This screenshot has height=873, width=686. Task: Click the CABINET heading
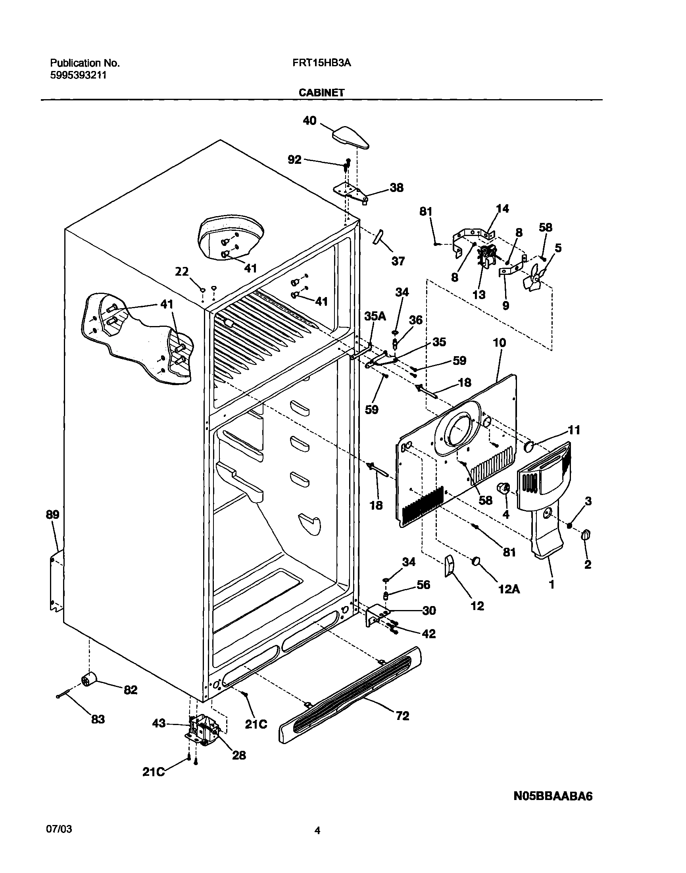tap(321, 93)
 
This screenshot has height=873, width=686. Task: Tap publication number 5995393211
tap(78, 75)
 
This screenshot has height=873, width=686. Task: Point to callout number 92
tap(294, 160)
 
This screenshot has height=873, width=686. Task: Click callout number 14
tap(502, 208)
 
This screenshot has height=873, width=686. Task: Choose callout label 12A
tap(509, 589)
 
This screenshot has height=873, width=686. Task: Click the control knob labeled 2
tap(586, 535)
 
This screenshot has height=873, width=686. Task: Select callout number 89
tap(53, 514)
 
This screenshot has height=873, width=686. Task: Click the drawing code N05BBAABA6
tap(553, 796)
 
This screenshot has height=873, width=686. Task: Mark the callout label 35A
tap(375, 316)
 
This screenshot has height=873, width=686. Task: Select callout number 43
tap(159, 723)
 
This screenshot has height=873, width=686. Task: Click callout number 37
tap(398, 261)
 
